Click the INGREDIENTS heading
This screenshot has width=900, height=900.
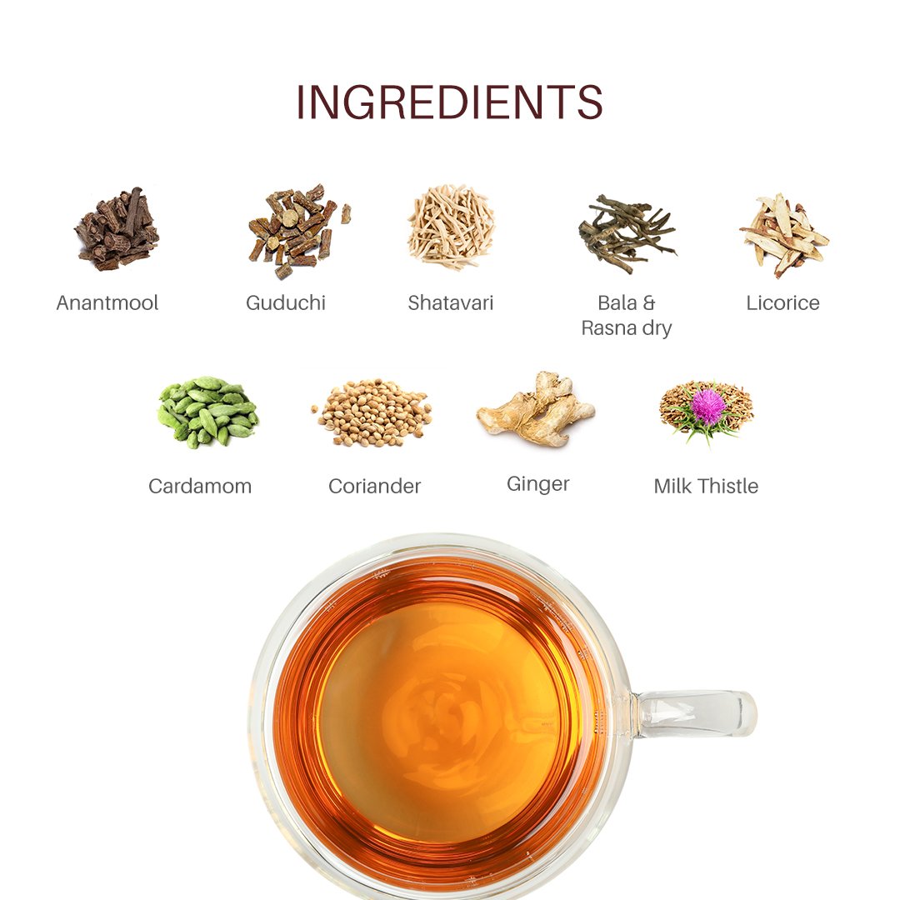click(449, 102)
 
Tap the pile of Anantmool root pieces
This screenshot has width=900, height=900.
click(117, 230)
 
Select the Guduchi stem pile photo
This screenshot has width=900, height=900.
click(297, 231)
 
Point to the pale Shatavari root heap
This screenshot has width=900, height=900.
click(451, 227)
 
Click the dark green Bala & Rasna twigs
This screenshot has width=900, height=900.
click(627, 232)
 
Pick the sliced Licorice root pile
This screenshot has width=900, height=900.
click(782, 234)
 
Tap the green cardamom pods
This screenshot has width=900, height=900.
click(207, 411)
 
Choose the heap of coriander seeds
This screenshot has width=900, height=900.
click(372, 412)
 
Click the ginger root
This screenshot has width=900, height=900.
click(536, 408)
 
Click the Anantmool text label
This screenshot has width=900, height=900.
click(107, 303)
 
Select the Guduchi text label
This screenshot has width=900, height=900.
click(286, 303)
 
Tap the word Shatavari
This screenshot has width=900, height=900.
click(451, 303)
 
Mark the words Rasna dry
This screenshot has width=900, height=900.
click(626, 329)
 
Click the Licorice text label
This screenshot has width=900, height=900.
click(782, 303)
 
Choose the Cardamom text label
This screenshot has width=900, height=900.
click(200, 487)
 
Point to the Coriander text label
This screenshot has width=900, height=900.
click(375, 487)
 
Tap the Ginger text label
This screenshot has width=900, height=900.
click(537, 484)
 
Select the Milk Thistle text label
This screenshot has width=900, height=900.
click(706, 487)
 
